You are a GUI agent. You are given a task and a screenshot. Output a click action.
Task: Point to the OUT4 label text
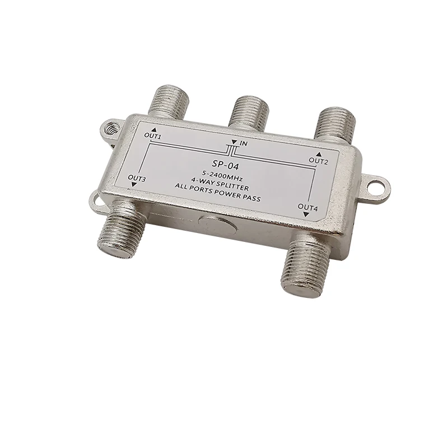307,208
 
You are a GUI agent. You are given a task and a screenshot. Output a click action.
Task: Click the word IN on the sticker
243,144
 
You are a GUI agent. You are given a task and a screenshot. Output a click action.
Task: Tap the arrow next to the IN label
234,143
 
